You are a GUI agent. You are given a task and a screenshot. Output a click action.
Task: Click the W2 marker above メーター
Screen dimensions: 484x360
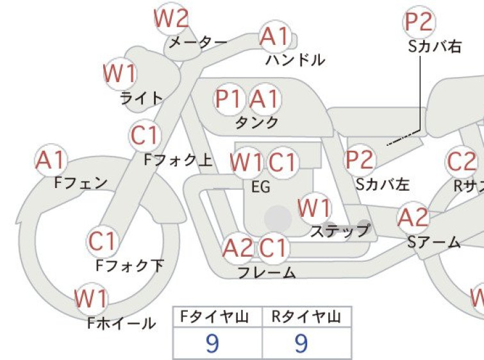coord(171,19)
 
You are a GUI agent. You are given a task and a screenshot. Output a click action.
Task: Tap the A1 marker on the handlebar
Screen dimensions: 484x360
coord(275,37)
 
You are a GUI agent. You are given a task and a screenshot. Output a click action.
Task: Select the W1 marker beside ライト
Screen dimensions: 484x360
coord(120,74)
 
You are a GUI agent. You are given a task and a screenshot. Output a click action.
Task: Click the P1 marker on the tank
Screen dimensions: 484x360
coord(229,99)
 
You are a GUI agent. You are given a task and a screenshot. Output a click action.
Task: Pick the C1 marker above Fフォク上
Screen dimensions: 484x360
coord(145,135)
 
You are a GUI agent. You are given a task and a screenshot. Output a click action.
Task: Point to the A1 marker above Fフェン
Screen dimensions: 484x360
coord(51,160)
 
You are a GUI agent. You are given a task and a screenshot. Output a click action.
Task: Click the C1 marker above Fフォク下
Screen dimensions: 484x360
coord(102,241)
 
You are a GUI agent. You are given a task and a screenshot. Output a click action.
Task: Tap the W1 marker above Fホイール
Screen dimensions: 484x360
coord(92,299)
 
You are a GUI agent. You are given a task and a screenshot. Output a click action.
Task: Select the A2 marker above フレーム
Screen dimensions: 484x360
coord(238,248)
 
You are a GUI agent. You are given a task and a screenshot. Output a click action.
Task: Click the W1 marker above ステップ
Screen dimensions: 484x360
coord(315,209)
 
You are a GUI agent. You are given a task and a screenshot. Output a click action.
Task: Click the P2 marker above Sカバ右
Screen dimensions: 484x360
coord(419,22)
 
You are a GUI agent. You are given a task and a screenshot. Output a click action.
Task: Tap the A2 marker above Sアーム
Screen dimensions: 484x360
coord(413,218)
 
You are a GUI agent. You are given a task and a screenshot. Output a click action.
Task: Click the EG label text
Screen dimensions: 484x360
coord(261,187)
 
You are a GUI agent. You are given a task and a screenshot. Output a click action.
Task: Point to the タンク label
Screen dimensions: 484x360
coord(257,123)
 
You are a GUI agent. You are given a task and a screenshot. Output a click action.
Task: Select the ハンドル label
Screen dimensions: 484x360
coord(296,60)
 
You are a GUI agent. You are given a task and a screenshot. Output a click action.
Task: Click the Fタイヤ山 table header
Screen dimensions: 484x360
coord(215,317)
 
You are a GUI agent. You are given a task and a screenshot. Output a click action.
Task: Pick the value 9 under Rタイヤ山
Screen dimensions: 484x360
coord(301,343)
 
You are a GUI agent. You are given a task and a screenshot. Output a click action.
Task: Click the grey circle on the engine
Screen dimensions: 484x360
coord(278,219)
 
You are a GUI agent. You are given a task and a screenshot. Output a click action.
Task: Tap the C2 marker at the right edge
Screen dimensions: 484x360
coord(462,162)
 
